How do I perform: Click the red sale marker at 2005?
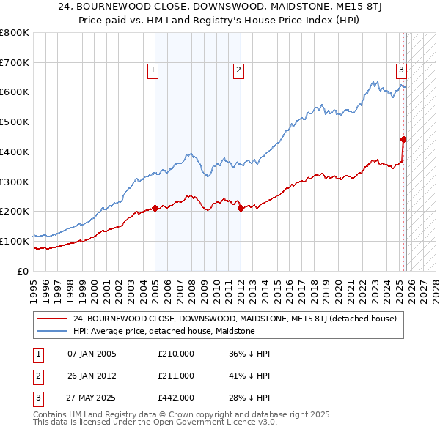[x=155, y=208]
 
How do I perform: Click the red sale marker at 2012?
[x=241, y=209]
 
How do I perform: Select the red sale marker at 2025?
[x=403, y=138]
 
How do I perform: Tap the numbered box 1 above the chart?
[x=153, y=70]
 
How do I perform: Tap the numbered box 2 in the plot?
[x=239, y=70]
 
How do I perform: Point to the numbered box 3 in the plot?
[x=402, y=70]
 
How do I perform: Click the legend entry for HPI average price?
[x=164, y=332]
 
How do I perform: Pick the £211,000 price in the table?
[x=175, y=376]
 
